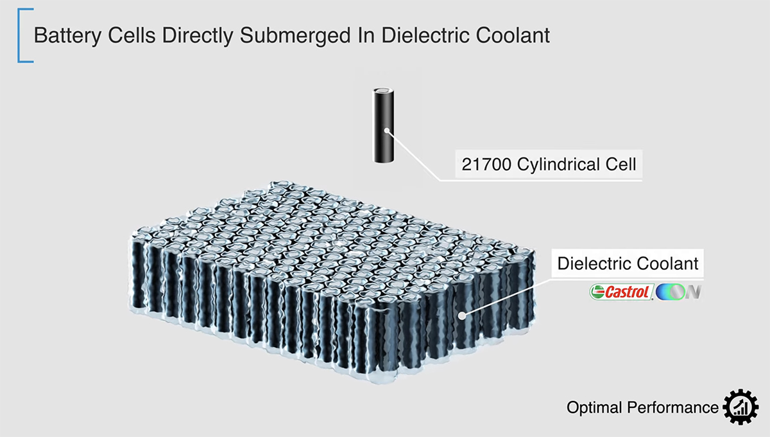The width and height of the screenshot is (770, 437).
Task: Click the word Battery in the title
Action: pos(67,36)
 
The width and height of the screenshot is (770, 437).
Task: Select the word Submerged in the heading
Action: pos(295,36)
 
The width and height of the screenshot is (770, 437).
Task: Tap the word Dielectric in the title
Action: pos(425,35)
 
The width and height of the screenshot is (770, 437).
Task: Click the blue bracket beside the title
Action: pos(19,35)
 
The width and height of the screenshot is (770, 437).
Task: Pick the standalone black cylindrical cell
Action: pos(383,125)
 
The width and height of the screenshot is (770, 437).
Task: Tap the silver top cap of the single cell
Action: pos(383,91)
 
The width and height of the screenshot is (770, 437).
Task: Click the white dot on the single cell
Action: pos(387,130)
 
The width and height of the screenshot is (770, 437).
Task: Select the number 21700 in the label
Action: pos(486,165)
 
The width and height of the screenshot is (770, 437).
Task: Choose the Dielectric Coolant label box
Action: pos(628,263)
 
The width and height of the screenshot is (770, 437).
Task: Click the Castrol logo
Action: pos(622,292)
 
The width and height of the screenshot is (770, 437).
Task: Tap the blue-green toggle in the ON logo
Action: pos(671,292)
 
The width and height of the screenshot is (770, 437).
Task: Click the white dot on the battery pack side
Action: pos(463,316)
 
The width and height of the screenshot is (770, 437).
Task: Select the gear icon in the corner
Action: pos(740,407)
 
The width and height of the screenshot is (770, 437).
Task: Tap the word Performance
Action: pos(672,407)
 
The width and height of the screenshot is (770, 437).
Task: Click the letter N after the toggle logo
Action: pos(694,292)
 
